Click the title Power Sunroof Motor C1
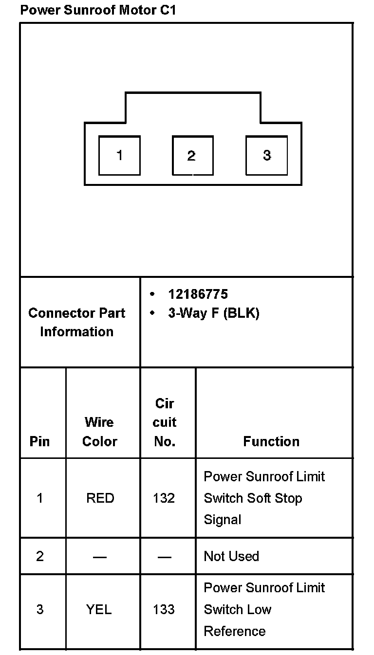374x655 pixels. click(x=97, y=10)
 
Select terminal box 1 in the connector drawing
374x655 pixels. click(x=119, y=155)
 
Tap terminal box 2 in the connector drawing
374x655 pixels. click(x=192, y=155)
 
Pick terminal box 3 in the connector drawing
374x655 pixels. click(x=266, y=155)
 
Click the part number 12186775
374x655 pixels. click(x=198, y=294)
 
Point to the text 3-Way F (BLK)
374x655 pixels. click(x=213, y=313)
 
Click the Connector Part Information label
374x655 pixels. click(x=77, y=322)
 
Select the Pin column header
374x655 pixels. click(x=40, y=441)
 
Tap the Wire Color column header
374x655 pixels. click(x=99, y=432)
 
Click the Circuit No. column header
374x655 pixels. click(x=165, y=422)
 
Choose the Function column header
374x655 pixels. click(x=271, y=441)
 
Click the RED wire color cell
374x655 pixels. click(x=100, y=498)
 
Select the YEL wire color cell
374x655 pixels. click(x=99, y=609)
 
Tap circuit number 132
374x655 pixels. click(x=164, y=498)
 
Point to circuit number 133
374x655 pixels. click(x=164, y=609)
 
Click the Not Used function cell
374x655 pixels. click(x=231, y=556)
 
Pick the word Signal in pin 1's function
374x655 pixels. click(x=223, y=520)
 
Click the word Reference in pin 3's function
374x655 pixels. click(x=235, y=631)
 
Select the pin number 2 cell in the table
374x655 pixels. click(x=40, y=556)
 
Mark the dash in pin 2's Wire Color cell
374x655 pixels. click(x=99, y=556)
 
